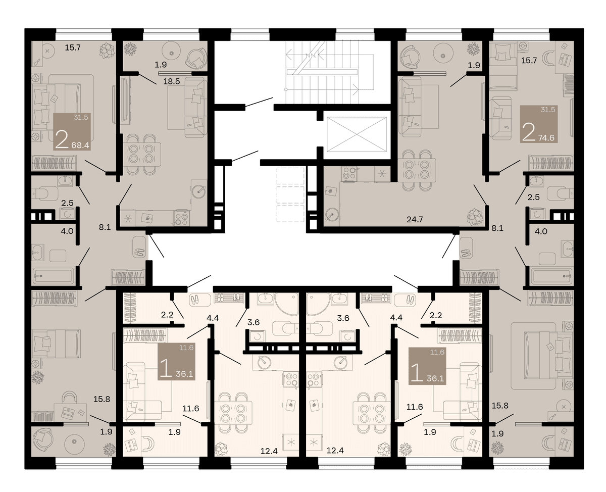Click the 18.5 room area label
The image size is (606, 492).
pyautogui.click(x=172, y=82)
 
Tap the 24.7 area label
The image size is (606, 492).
pyautogui.click(x=415, y=220)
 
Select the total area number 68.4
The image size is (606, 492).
pyautogui.click(x=80, y=145)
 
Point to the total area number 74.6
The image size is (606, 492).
pyautogui.click(x=546, y=138)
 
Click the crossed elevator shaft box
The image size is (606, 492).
pyautogui.click(x=357, y=134)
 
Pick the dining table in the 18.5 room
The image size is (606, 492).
pyautogui.click(x=142, y=154)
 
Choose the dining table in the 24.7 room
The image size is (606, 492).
pyautogui.click(x=417, y=170)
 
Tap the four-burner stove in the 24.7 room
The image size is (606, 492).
pyautogui.click(x=349, y=173)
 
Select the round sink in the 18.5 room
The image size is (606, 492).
pyautogui.click(x=198, y=191)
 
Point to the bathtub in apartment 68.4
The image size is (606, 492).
pyautogui.click(x=54, y=276)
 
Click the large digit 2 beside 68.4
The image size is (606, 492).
pyautogui.click(x=62, y=139)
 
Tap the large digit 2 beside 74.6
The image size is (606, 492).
pyautogui.click(x=529, y=132)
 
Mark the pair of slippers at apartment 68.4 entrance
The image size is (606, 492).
pyautogui.click(x=139, y=252)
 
